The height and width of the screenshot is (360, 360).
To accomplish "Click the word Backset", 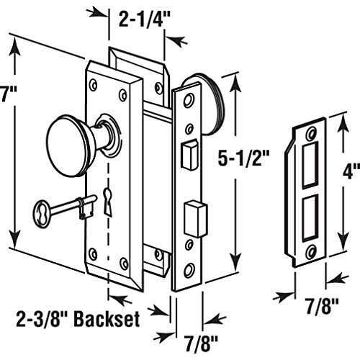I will coord(115,315).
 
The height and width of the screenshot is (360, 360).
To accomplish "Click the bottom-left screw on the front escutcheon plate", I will coord(92,253).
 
